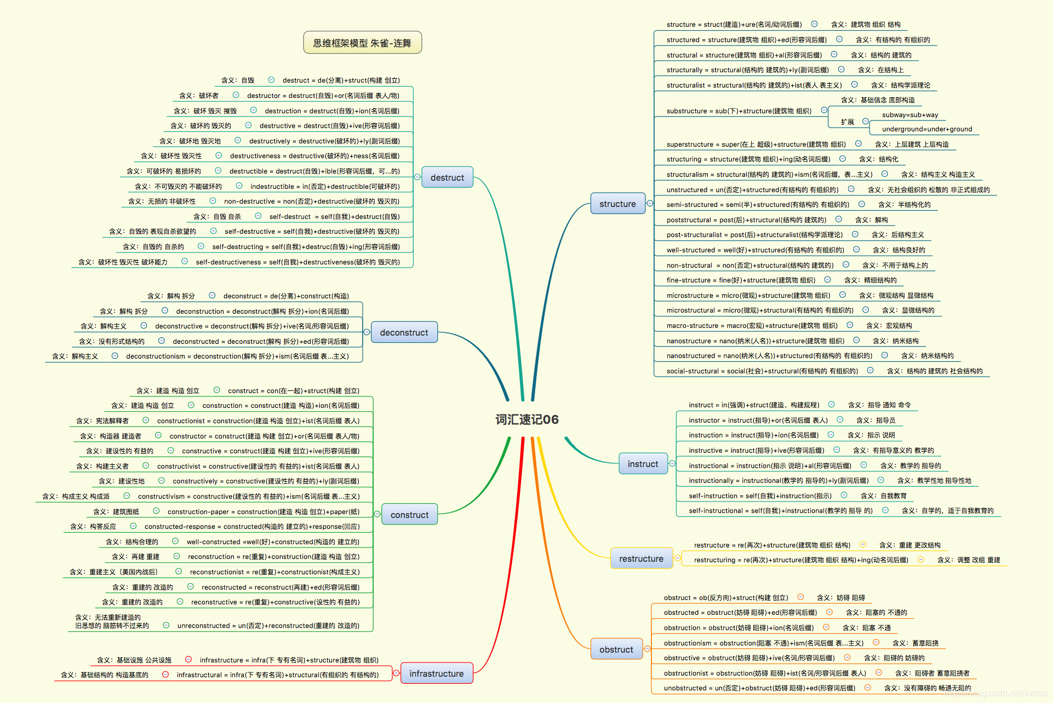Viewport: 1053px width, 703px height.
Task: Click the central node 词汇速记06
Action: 526,419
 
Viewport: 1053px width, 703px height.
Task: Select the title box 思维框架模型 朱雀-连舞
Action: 362,43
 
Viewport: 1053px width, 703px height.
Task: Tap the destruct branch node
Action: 447,177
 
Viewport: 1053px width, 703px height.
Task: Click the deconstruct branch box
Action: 404,332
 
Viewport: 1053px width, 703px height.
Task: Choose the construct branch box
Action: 409,515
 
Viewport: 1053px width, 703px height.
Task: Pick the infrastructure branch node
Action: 436,673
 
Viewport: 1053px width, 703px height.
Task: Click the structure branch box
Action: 617,204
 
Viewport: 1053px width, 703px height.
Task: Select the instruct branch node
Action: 643,464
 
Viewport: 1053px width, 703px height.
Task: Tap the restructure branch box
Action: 641,558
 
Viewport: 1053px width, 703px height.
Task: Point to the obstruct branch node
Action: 616,649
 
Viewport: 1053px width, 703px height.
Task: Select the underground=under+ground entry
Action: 927,129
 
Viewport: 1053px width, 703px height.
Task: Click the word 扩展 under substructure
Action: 848,122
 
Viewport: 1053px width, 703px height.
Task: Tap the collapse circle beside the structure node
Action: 650,204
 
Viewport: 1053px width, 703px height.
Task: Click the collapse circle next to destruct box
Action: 417,177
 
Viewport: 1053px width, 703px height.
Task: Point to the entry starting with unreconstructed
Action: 268,625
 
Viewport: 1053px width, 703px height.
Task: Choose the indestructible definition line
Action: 325,186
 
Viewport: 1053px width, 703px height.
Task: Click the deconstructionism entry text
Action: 237,356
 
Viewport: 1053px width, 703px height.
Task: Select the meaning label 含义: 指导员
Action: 875,420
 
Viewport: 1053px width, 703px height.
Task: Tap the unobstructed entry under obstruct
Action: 759,688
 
